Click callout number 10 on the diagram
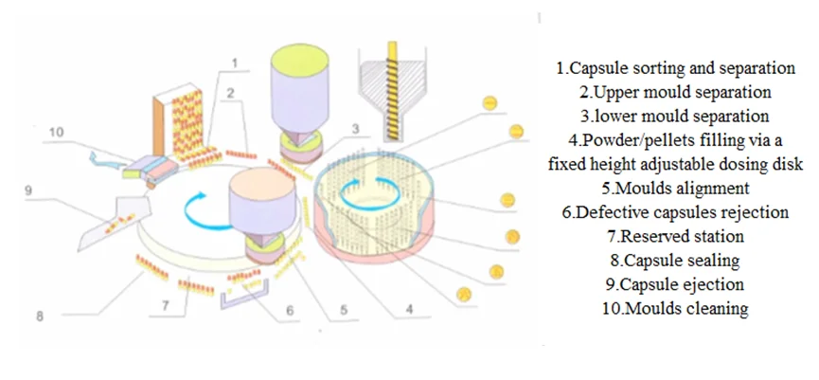tap(57, 134)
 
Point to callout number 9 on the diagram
tap(28, 190)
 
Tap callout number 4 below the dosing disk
tap(409, 308)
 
